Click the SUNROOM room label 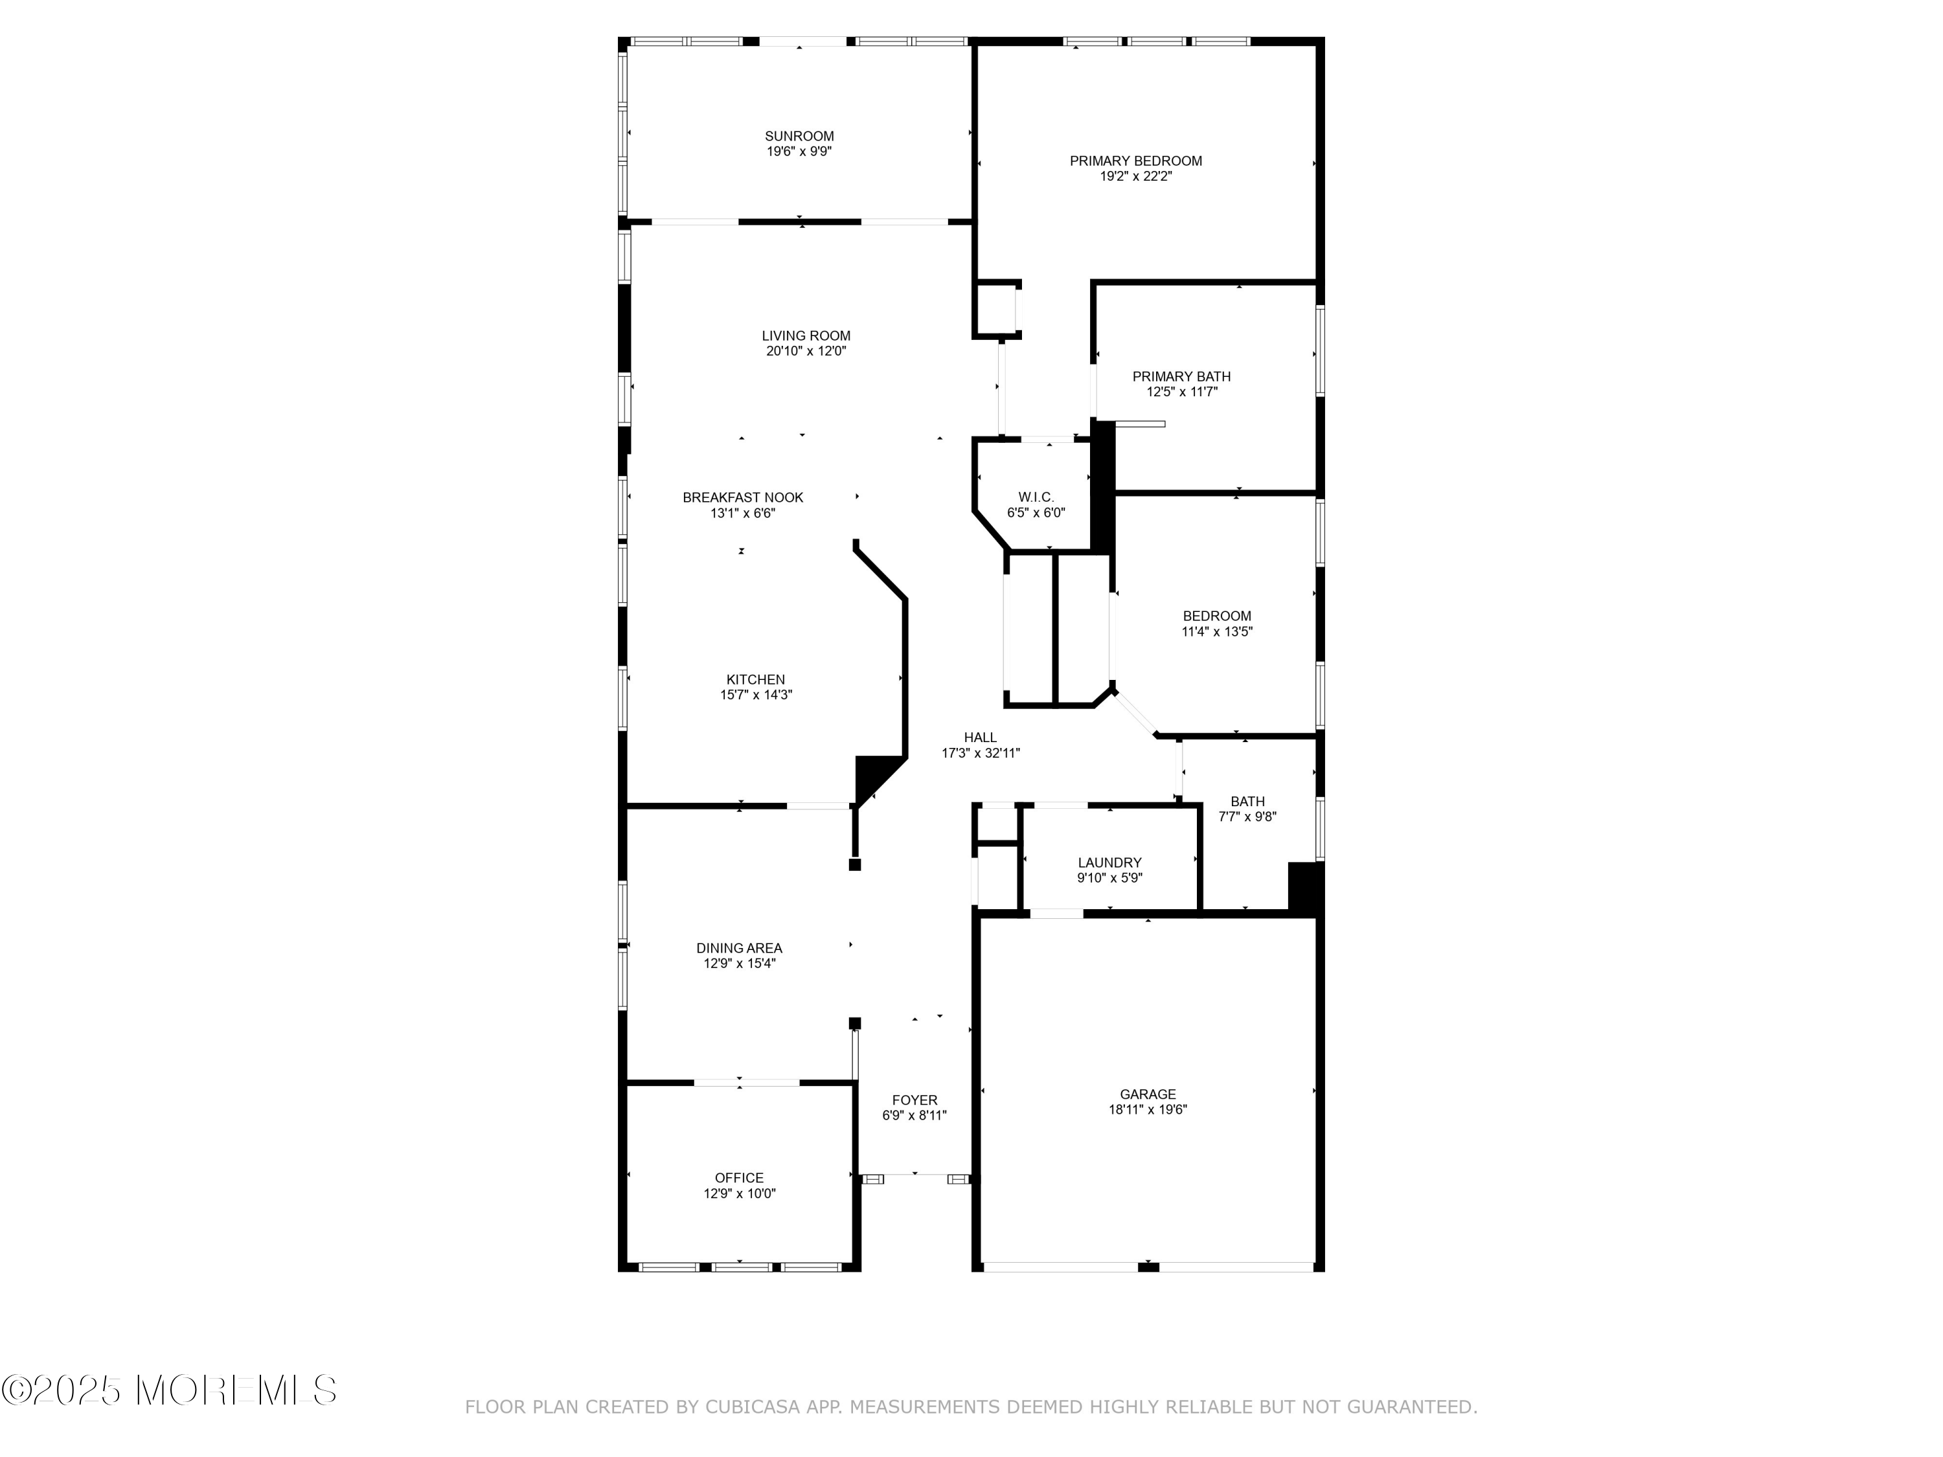(799, 136)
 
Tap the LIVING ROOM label (806, 335)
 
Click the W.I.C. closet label (1036, 497)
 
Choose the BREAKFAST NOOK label (742, 497)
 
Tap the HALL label (981, 738)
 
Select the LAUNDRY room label (1109, 863)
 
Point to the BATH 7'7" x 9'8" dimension (1247, 817)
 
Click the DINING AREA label (739, 947)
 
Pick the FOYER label (915, 1100)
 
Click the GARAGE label (1147, 1094)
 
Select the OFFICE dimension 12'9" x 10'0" (739, 1193)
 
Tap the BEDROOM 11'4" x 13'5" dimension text (1216, 631)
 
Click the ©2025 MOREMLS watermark (168, 1390)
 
